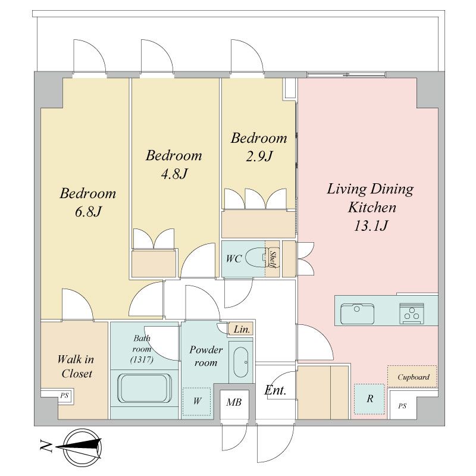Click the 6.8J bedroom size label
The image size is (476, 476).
[88, 212]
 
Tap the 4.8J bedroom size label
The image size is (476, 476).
[174, 174]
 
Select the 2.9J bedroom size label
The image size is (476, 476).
[259, 156]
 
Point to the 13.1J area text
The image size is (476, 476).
[371, 226]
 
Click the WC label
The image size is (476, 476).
[233, 259]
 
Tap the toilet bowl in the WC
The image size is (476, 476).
[256, 258]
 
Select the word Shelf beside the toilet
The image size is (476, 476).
[273, 259]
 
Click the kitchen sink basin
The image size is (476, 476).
[357, 314]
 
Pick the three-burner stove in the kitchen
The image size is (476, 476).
[412, 314]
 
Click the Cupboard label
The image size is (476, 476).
[414, 377]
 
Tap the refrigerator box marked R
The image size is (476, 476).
[369, 399]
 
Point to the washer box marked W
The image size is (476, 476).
[197, 401]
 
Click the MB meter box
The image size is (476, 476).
[234, 403]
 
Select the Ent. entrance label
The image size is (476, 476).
[275, 390]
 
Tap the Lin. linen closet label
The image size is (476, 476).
[242, 330]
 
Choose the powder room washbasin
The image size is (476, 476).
[241, 362]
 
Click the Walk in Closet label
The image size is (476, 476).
[76, 367]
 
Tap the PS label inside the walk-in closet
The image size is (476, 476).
[64, 396]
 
